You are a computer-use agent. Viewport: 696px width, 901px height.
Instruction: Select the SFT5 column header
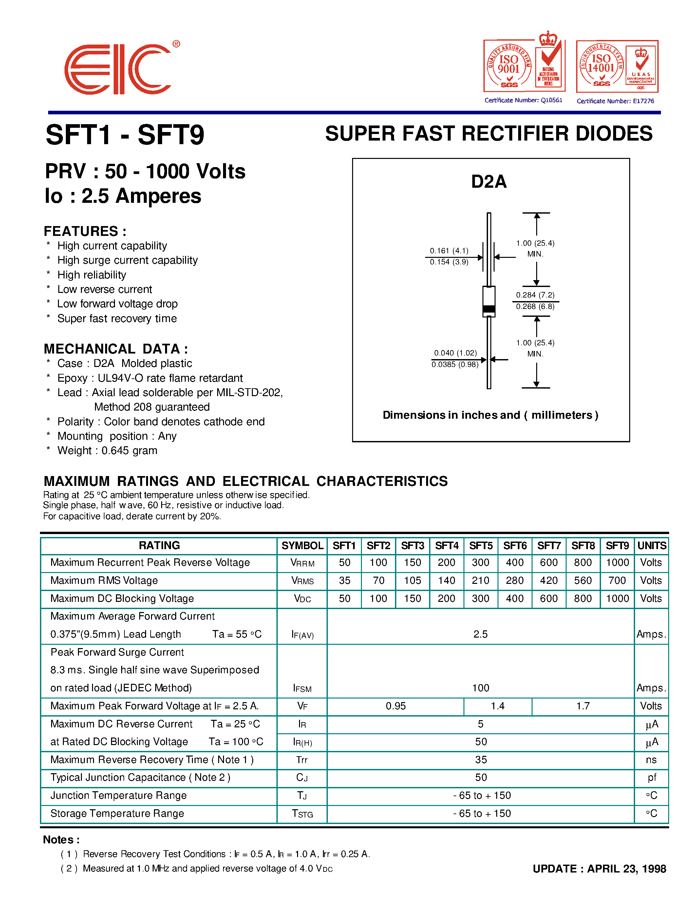click(481, 546)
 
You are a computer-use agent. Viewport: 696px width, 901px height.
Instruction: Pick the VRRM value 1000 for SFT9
click(617, 563)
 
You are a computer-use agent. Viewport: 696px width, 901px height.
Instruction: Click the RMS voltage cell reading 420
click(549, 581)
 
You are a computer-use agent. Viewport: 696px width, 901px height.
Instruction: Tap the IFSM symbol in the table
click(302, 688)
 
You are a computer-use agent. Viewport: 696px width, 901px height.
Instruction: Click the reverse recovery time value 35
click(481, 760)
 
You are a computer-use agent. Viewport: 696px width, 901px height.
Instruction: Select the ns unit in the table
click(651, 760)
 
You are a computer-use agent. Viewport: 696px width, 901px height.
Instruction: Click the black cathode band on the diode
click(489, 309)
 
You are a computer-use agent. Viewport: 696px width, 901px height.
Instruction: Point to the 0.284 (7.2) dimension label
click(535, 295)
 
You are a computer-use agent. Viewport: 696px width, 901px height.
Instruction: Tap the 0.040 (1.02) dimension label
click(455, 353)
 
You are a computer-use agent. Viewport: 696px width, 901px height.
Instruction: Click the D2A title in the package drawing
click(489, 182)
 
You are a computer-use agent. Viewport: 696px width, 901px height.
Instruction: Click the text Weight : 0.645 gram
click(107, 450)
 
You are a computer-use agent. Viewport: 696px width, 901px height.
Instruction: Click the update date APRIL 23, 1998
click(626, 869)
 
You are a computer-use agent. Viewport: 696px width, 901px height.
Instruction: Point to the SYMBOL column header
click(302, 546)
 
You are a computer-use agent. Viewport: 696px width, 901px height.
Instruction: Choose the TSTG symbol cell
click(302, 814)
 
